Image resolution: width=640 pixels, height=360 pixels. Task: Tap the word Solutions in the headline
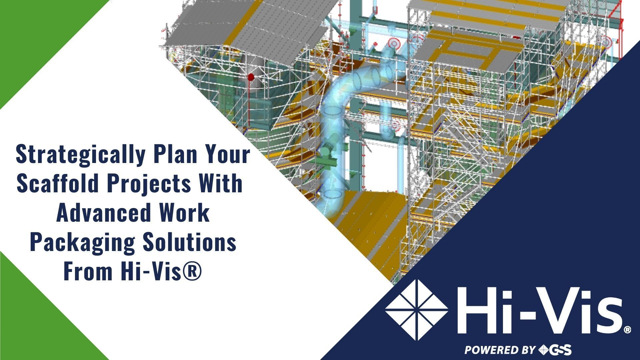190,242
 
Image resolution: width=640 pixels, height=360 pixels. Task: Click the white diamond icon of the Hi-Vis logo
416,310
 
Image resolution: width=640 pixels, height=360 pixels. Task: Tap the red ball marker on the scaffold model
251,77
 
